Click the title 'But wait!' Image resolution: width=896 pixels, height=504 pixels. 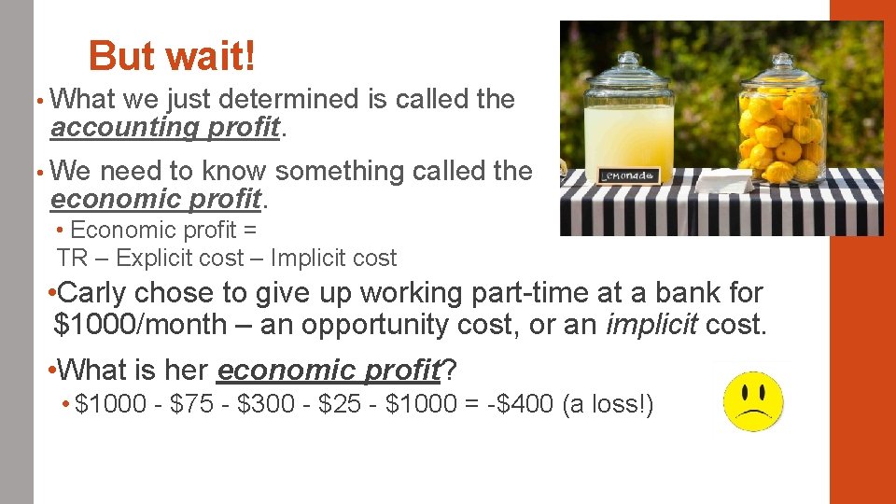171,56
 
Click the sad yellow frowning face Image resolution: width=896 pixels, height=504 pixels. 754,400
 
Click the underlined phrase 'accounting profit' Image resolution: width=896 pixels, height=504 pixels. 165,127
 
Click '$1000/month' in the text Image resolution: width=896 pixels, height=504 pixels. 140,325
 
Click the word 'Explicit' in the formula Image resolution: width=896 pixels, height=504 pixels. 136,258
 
